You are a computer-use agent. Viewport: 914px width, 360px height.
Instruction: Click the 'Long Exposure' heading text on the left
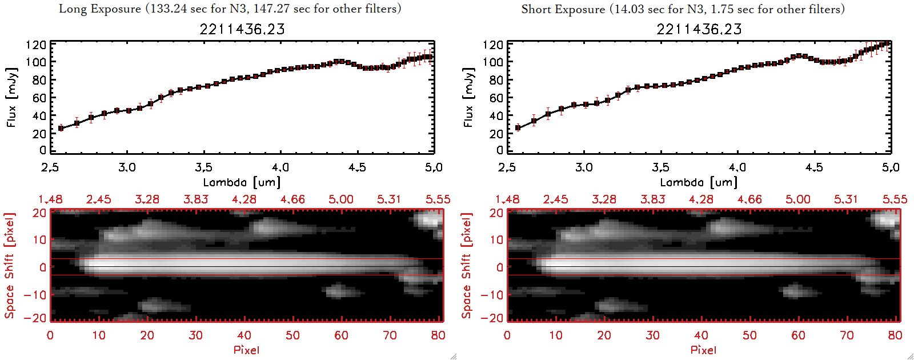coord(100,9)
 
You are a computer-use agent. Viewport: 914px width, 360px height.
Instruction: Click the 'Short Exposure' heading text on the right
coord(563,9)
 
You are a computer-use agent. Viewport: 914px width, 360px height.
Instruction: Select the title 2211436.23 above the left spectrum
coord(242,29)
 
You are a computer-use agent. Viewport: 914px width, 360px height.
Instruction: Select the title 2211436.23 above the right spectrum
coord(699,29)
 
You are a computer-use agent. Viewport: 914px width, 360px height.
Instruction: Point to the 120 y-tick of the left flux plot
coord(36,45)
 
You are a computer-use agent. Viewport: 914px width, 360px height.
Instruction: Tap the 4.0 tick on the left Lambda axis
coord(280,167)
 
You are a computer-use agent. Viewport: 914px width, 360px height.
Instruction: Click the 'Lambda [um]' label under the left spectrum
coord(242,182)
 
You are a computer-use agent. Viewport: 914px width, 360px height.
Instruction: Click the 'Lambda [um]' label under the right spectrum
coord(699,182)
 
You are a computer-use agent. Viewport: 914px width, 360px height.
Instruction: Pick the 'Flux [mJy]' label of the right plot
coord(468,97)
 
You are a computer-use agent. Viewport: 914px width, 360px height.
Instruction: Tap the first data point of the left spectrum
coord(61,129)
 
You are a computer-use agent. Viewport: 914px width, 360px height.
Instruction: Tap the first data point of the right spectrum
coord(518,128)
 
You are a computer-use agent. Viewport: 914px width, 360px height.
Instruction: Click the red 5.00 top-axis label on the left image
coord(341,199)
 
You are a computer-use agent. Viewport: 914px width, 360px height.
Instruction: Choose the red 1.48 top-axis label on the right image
coord(507,199)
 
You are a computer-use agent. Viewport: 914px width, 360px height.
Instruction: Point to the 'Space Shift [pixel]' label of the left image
coord(10,266)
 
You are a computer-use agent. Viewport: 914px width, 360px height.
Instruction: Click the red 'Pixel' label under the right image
coord(703,350)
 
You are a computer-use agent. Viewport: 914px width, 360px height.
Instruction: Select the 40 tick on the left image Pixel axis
coord(244,335)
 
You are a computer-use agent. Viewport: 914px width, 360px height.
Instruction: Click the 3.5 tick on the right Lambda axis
coord(660,167)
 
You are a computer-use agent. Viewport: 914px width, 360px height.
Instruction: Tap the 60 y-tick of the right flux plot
coord(495,98)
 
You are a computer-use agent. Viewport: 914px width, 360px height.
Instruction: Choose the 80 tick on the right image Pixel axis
coord(895,335)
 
